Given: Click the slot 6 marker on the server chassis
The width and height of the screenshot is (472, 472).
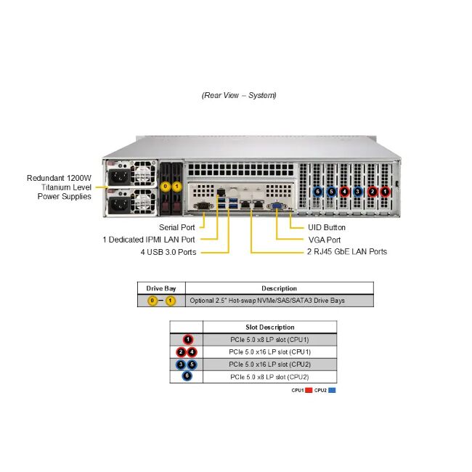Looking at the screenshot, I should click(x=317, y=192).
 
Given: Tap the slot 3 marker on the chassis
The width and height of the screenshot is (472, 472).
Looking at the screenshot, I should click(x=357, y=192).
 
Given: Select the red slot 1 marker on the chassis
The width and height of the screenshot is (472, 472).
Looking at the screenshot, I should click(x=385, y=192).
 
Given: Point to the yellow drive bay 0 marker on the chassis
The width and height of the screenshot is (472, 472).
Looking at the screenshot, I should click(x=166, y=187).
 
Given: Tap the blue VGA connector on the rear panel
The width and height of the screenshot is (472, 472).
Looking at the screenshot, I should click(x=277, y=207).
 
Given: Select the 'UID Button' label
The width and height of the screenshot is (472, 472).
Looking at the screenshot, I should click(x=327, y=227).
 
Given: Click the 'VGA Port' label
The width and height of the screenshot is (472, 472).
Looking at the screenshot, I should click(x=324, y=240).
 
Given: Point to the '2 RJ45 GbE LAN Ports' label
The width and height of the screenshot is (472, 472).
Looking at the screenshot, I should click(x=346, y=252).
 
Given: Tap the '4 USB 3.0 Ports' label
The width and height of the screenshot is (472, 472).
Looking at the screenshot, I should click(x=168, y=252).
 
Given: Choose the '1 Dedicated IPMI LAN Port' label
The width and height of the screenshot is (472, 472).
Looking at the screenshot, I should click(x=149, y=240).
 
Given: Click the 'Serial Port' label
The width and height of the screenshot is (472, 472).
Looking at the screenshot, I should click(x=178, y=227).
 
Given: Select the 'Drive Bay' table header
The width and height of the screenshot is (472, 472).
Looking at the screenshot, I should click(x=161, y=288).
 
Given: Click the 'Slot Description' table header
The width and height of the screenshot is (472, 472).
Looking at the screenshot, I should click(x=269, y=327).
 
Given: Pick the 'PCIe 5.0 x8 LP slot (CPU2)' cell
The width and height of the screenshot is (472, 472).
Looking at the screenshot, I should click(x=269, y=377).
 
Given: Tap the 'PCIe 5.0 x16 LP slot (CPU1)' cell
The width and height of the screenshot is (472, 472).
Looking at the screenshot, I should click(x=269, y=351).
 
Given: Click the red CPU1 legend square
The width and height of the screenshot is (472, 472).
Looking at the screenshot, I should click(x=309, y=391).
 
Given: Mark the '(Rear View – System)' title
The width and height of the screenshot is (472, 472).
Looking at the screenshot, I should click(x=239, y=95).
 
